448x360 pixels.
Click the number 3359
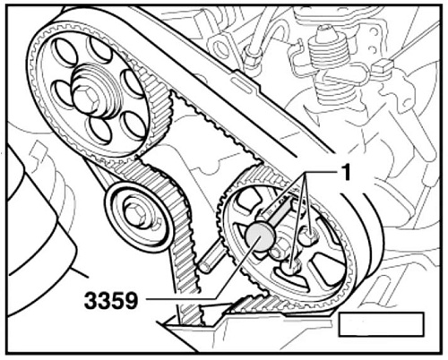[111, 301]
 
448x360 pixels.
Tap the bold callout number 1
[346, 174]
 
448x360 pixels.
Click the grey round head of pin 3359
[259, 237]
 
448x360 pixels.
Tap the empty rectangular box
[381, 324]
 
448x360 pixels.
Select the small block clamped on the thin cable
[382, 67]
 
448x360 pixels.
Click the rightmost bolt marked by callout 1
[309, 235]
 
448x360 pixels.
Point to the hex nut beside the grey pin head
[280, 250]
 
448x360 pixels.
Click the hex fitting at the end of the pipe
[254, 56]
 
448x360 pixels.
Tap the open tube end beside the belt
[204, 266]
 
